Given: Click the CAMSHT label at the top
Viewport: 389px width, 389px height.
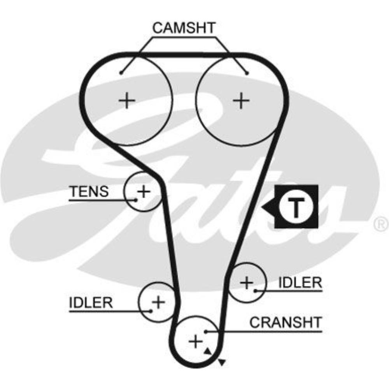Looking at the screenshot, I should pyautogui.click(x=184, y=28).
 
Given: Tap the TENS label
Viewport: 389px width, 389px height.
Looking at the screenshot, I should pyautogui.click(x=89, y=191).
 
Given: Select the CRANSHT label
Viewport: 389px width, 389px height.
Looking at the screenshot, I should pyautogui.click(x=286, y=322).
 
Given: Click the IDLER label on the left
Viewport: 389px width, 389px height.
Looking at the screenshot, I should pyautogui.click(x=91, y=302).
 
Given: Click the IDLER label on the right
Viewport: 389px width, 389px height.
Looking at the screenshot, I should pyautogui.click(x=300, y=282).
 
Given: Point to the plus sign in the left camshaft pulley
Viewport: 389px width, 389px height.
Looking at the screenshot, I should pyautogui.click(x=127, y=101).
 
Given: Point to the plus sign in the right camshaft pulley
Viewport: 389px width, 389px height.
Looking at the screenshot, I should pyautogui.click(x=242, y=101).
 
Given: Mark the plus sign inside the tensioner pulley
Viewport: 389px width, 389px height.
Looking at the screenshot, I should pyautogui.click(x=144, y=191).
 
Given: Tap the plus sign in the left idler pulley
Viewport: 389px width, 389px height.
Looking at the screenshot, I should pyautogui.click(x=158, y=301).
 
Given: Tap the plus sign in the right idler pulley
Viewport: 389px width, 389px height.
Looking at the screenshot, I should pyautogui.click(x=247, y=282).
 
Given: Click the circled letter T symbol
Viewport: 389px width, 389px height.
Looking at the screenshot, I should pyautogui.click(x=296, y=206).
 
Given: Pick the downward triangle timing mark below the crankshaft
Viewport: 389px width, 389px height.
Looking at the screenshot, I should pyautogui.click(x=222, y=363).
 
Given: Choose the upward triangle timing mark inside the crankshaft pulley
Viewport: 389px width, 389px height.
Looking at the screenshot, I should pyautogui.click(x=208, y=351).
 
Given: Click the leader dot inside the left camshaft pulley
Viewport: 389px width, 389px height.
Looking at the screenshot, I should pyautogui.click(x=121, y=72).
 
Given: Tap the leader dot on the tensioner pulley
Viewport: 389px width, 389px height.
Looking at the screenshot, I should pyautogui.click(x=136, y=200).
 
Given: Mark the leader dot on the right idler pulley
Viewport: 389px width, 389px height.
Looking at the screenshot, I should pyautogui.click(x=255, y=290).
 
